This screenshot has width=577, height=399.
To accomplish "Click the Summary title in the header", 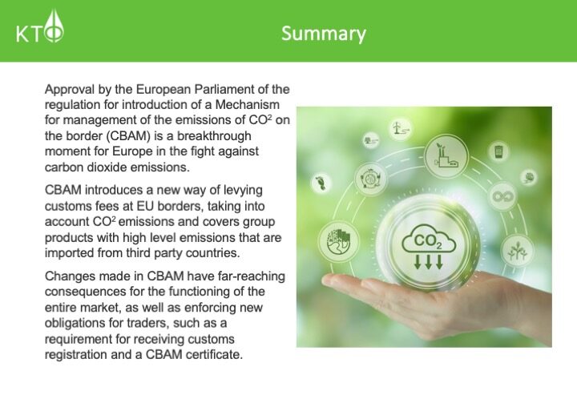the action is [324, 34].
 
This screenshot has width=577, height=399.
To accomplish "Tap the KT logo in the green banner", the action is [40, 26].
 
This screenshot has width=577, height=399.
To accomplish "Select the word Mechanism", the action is [248, 105].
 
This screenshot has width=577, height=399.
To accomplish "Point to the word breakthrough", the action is [214, 136].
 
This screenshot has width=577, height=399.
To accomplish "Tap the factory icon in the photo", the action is [446, 155].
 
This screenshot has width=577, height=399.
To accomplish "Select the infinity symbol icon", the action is [502, 197].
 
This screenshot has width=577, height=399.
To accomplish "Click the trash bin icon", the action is [498, 151].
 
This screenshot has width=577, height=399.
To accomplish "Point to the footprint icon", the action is [321, 183].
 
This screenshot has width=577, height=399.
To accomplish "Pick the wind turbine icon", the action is [401, 128].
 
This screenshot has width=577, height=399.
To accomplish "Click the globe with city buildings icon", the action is [338, 242].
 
